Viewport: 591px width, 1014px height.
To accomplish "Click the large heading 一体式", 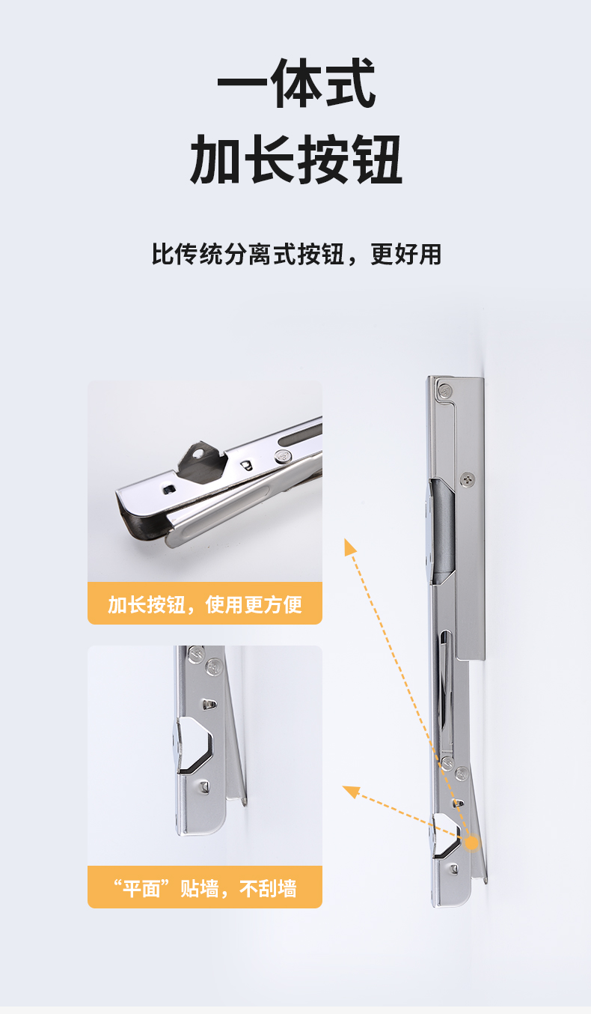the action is click(x=296, y=83).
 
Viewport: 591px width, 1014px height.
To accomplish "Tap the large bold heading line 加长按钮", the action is click(x=296, y=159).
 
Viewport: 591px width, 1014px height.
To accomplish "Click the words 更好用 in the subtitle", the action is click(x=405, y=254).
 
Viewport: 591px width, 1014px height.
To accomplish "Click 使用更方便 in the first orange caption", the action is click(x=254, y=604).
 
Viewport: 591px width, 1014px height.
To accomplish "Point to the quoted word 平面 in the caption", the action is click(x=141, y=888).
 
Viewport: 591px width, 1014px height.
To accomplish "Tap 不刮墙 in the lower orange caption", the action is click(x=268, y=888).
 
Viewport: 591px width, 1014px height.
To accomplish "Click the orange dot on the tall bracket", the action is click(x=471, y=843).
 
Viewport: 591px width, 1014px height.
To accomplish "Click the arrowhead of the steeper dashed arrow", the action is click(x=349, y=547).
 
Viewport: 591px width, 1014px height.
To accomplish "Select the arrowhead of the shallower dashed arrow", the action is click(x=351, y=792).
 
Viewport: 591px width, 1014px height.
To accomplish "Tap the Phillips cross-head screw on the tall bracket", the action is click(x=468, y=479).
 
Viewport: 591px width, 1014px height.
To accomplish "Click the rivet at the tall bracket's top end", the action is click(x=445, y=390).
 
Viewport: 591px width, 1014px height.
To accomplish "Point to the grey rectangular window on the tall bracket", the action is click(x=442, y=530).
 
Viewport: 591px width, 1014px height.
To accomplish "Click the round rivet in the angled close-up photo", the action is click(x=283, y=457).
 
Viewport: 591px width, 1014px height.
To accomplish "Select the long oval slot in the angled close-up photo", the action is click(x=301, y=436).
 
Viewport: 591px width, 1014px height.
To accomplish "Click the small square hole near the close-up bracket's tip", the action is click(x=169, y=488).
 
